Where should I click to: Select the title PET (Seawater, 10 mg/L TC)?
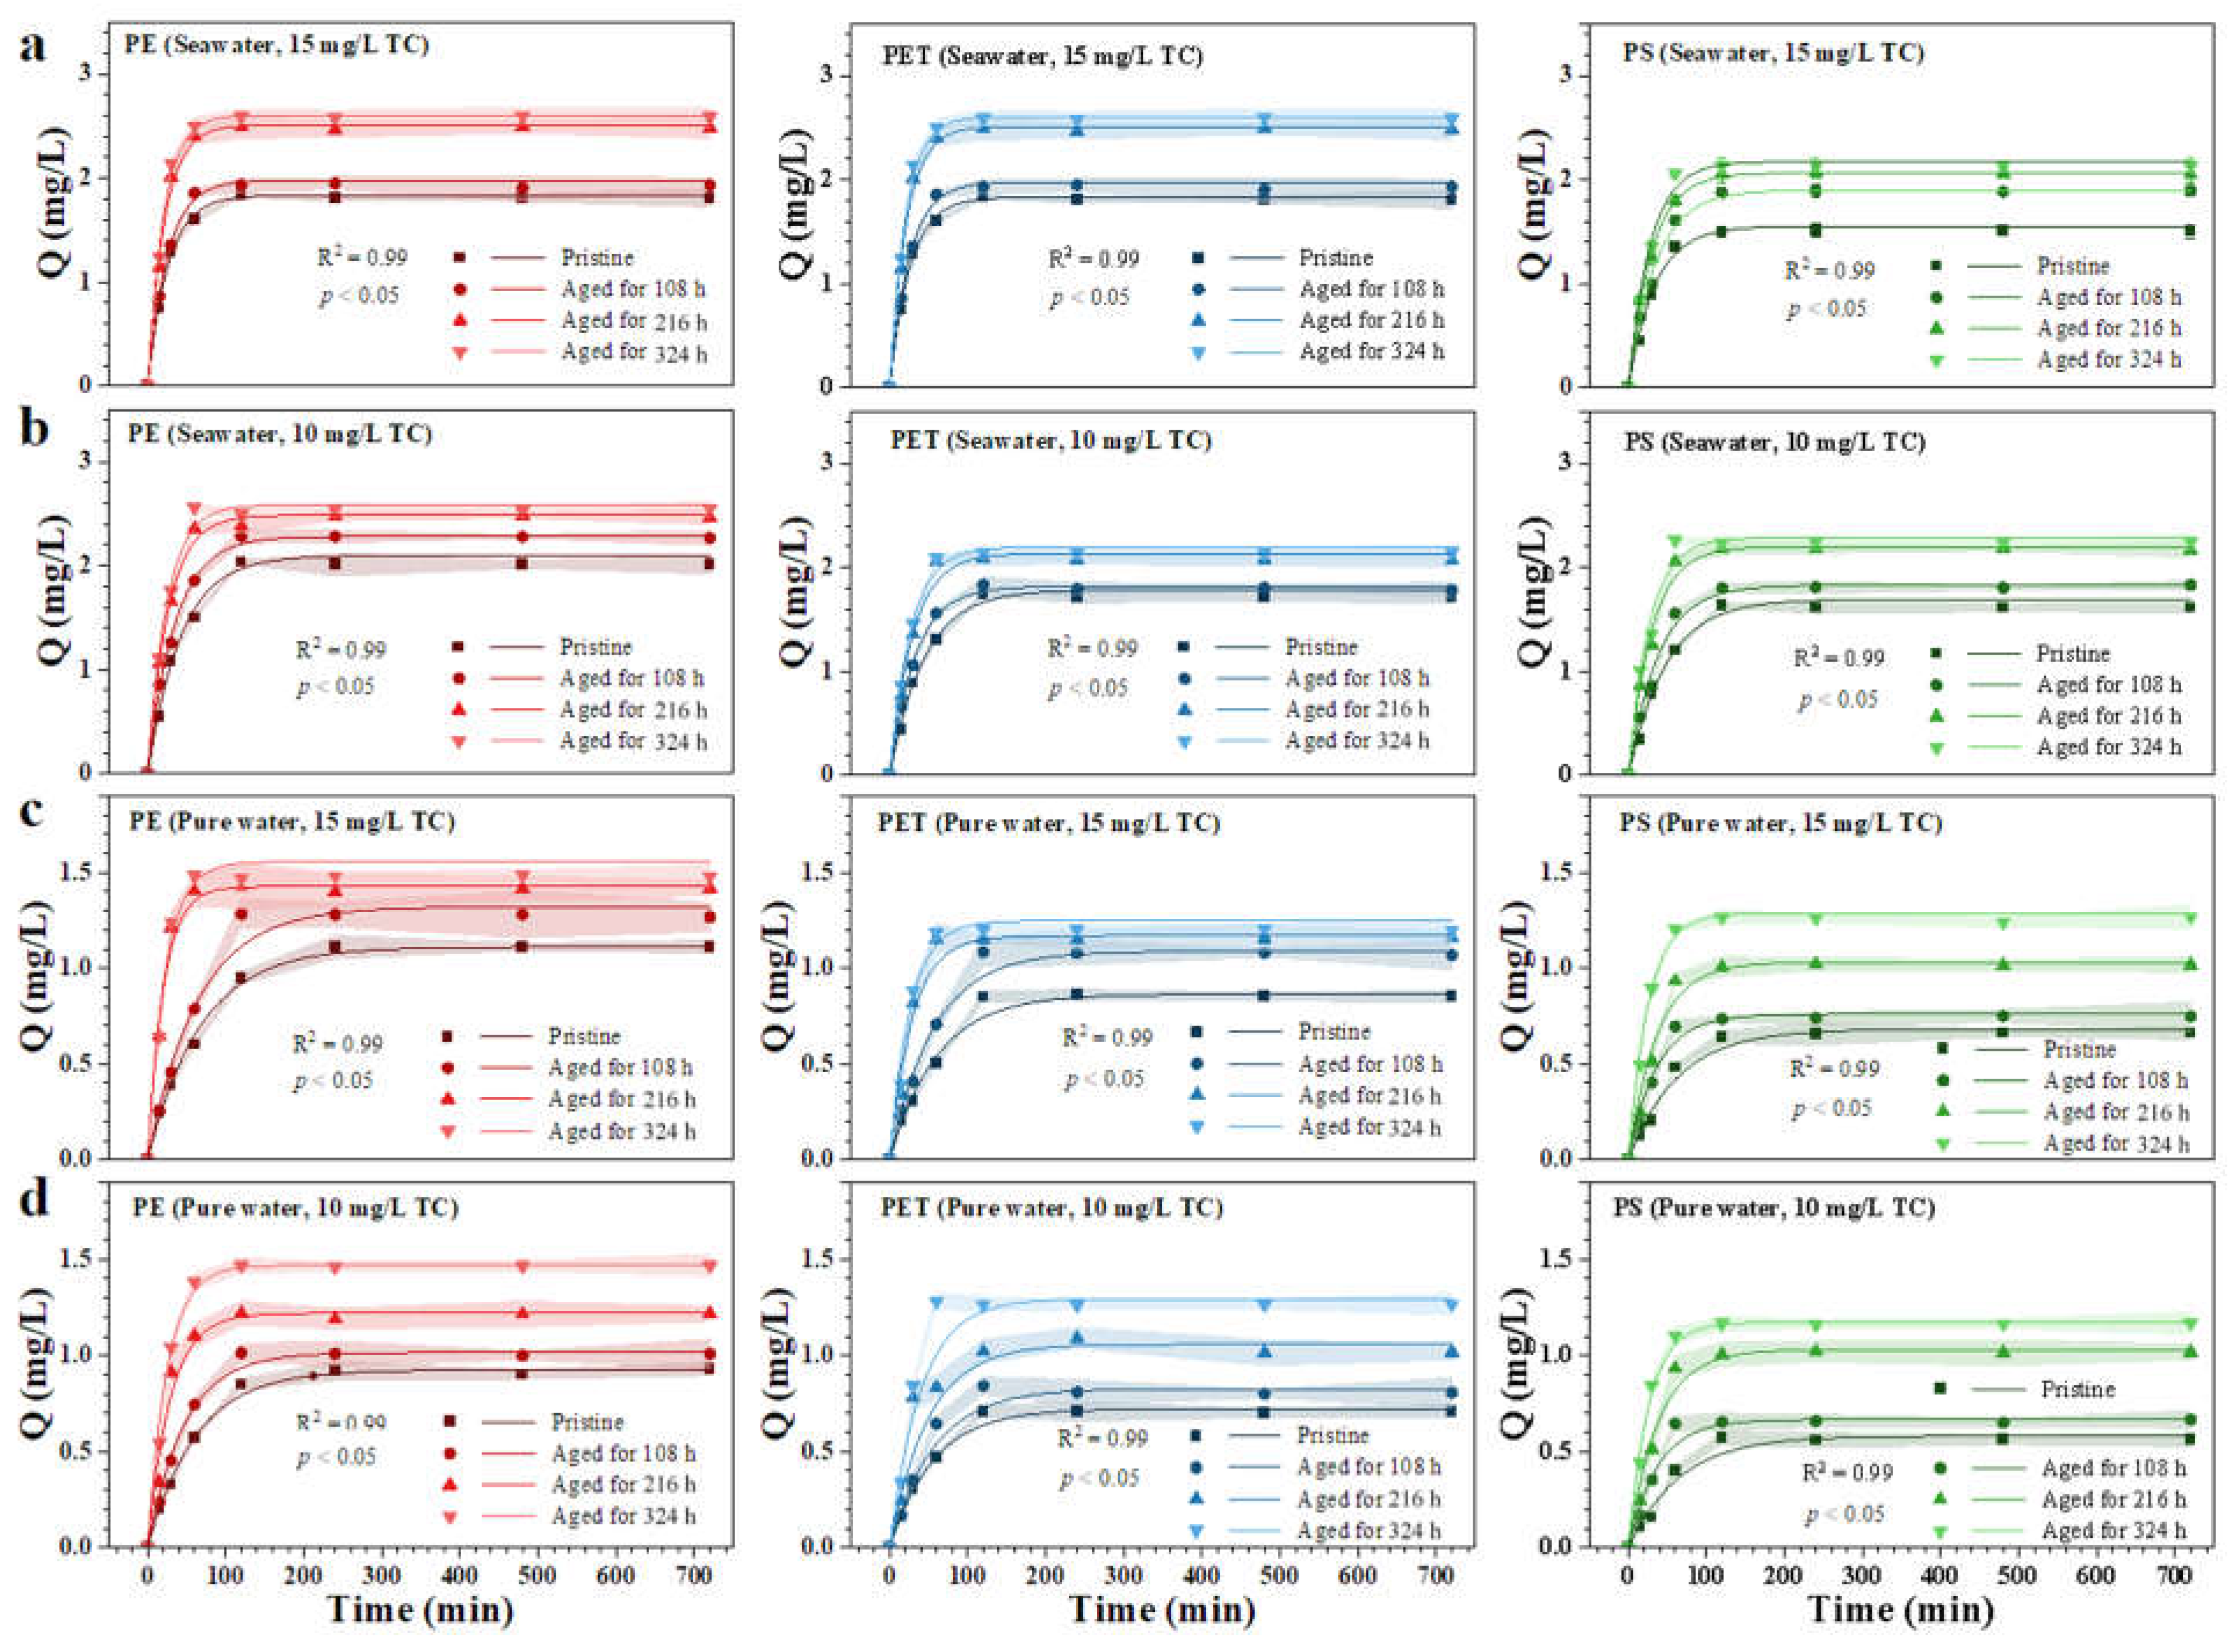point(1050,440)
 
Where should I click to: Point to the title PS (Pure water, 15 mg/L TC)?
point(1781,823)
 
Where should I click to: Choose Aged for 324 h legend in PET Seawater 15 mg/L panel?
point(1371,351)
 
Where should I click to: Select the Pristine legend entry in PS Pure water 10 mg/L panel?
point(2077,1389)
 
